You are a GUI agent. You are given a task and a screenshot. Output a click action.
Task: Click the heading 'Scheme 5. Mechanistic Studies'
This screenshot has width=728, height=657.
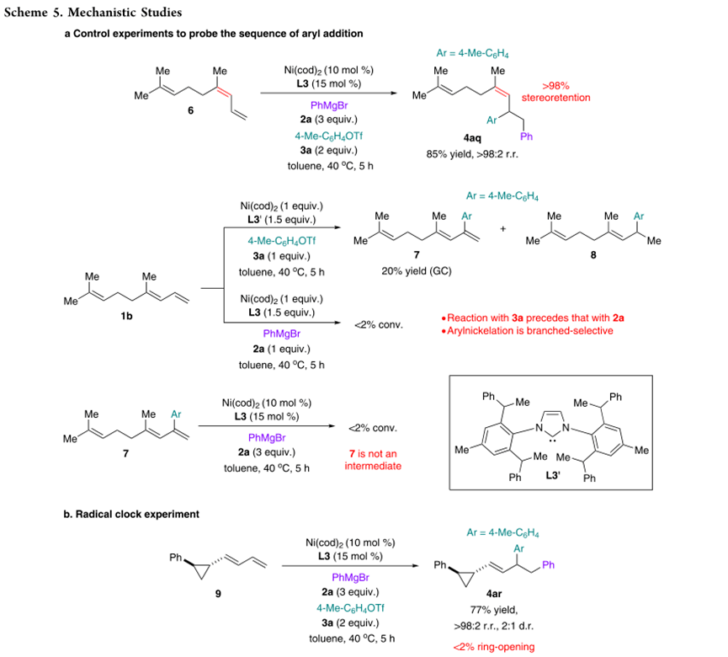point(92,13)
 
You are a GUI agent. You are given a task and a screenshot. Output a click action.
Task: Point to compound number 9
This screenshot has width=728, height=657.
point(218,594)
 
